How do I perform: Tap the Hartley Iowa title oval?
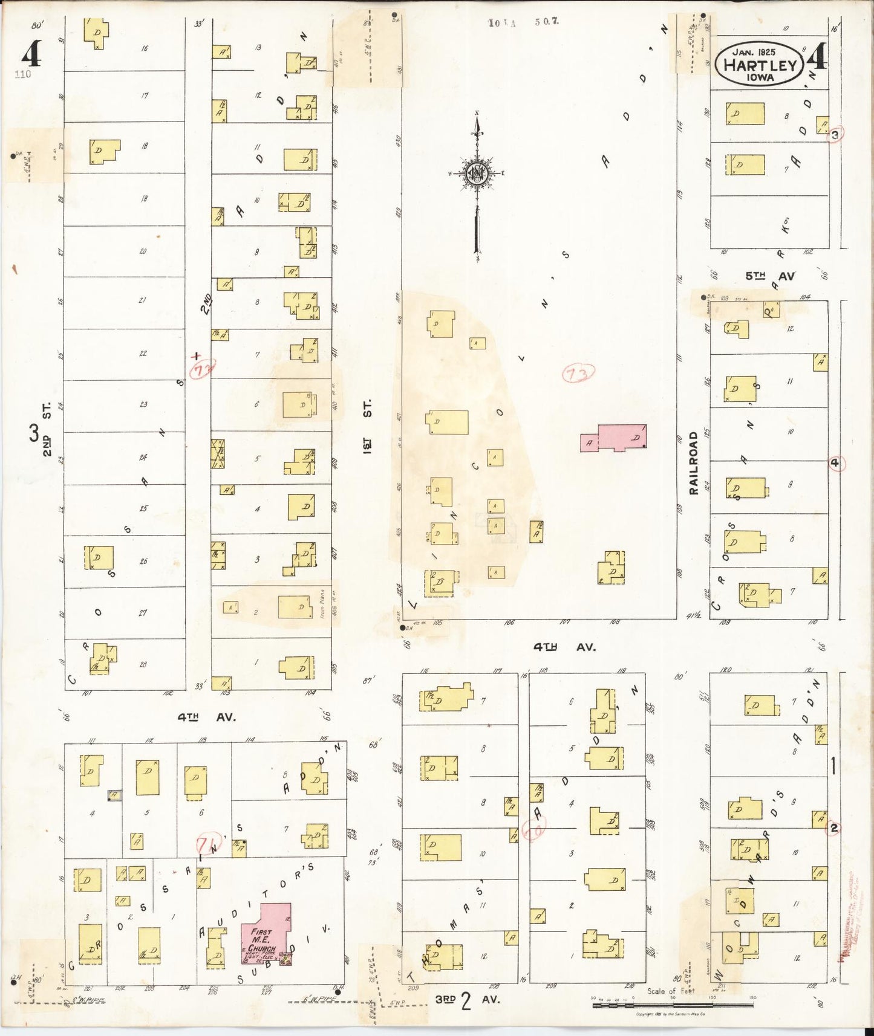pos(760,65)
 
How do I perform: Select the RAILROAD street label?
pos(694,462)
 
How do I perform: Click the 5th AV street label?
pos(770,276)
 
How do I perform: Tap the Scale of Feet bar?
pos(671,1005)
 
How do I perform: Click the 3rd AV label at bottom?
pos(468,1000)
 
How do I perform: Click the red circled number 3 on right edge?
pos(835,135)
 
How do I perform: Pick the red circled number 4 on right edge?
pos(835,464)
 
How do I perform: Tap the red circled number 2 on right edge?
pos(834,828)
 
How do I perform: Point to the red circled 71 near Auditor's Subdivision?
pos(209,843)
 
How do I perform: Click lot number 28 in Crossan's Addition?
pos(143,664)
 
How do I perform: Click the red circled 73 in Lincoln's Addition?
pos(578,374)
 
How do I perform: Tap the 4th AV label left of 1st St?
pos(206,717)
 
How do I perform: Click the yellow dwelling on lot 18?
pos(103,151)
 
